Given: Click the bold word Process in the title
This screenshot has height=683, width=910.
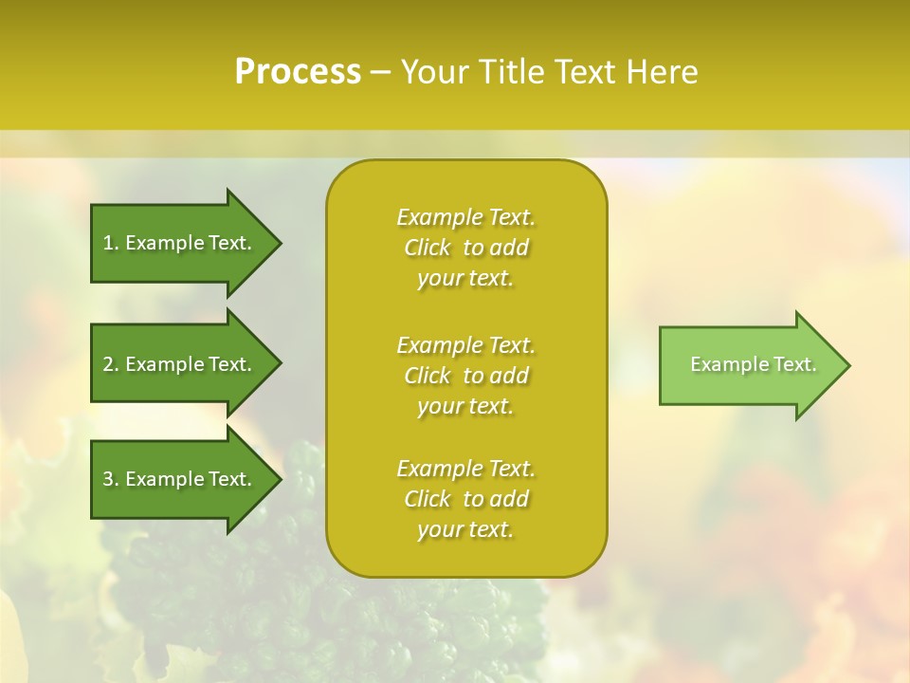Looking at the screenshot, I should [x=298, y=71].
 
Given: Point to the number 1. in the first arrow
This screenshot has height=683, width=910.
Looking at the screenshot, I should [x=111, y=243].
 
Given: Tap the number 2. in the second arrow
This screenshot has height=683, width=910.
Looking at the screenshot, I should [x=111, y=364].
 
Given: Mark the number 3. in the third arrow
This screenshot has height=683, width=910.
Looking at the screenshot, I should [x=111, y=479].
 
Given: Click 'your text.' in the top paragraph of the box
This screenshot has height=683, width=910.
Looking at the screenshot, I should [x=465, y=279].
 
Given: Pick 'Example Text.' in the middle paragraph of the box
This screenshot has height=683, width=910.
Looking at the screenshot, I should [x=465, y=345].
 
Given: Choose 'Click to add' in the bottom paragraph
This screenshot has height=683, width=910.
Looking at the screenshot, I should [x=465, y=499].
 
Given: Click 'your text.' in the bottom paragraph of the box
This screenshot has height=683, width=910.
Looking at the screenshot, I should [x=465, y=530].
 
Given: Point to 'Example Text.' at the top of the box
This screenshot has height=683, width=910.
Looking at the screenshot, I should [x=465, y=217].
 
